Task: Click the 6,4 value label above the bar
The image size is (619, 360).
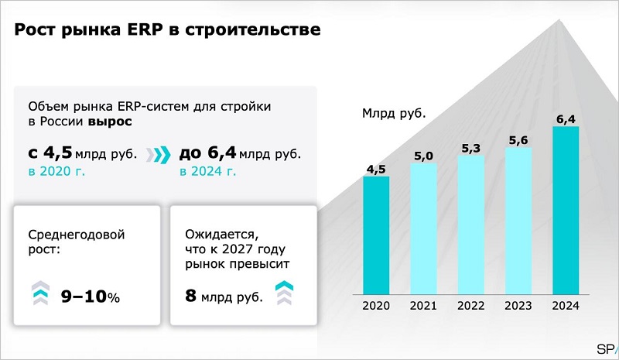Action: click(x=566, y=118)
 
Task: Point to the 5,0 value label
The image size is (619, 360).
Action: click(x=423, y=156)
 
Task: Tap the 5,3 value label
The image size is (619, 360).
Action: click(x=470, y=148)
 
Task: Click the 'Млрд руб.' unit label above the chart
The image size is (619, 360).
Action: click(x=394, y=113)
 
